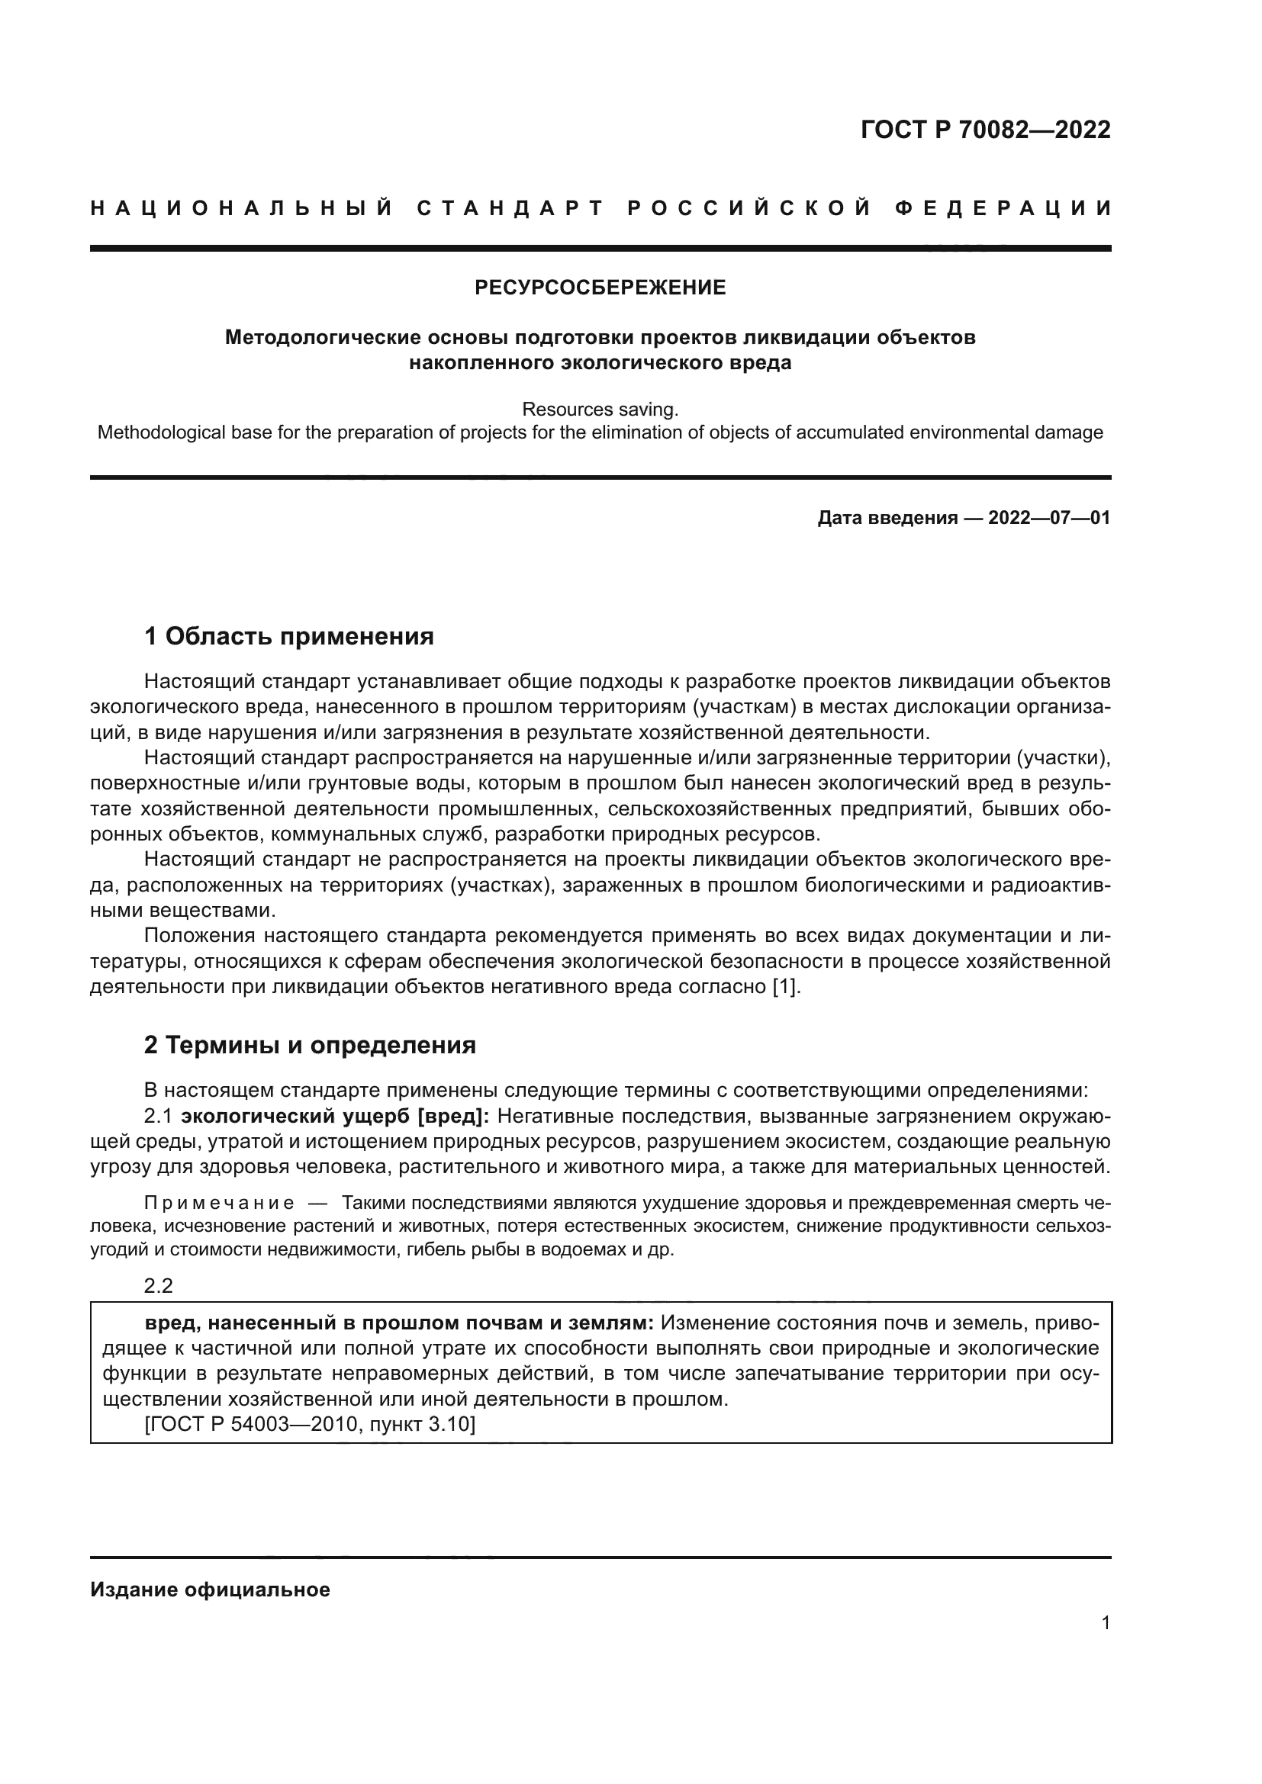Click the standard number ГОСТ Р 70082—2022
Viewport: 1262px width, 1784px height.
pos(985,130)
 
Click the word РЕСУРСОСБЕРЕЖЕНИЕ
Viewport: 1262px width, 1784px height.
pos(600,288)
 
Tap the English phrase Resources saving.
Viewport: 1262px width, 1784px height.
pos(600,410)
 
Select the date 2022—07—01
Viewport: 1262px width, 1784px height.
pos(1049,518)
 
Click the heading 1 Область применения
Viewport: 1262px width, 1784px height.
pos(288,637)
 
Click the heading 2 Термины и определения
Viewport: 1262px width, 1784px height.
pos(309,1046)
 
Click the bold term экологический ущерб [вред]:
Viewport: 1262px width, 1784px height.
pos(335,1117)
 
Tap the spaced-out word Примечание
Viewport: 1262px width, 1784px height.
pos(219,1204)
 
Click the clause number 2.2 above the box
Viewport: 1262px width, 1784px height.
pos(159,1286)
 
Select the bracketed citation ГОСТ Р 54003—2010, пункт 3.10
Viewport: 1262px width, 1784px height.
pos(309,1424)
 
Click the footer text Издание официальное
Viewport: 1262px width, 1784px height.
pos(210,1590)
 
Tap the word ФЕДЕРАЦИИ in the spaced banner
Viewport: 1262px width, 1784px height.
pos(1003,208)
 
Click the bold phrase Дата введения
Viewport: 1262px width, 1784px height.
pos(887,518)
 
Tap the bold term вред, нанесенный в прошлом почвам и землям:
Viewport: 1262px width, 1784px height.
pos(399,1323)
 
